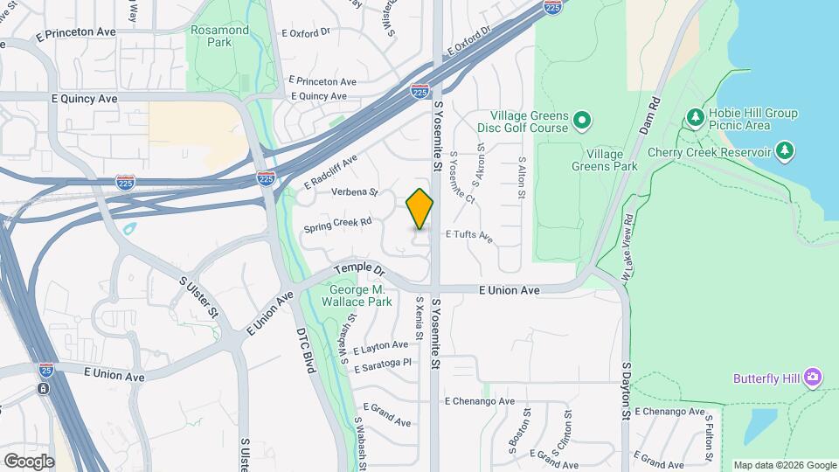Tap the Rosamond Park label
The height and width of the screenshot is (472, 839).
[219, 36]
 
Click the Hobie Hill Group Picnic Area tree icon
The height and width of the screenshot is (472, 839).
[696, 116]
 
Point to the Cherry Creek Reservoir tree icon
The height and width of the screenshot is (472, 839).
[785, 151]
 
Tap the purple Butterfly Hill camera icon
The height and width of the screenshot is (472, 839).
[813, 377]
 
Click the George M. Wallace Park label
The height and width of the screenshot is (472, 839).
[361, 295]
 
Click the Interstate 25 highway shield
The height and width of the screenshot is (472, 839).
[45, 371]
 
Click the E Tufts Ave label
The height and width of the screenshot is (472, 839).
[469, 235]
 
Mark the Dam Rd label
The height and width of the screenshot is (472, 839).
[648, 114]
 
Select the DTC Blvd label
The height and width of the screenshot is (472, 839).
[304, 351]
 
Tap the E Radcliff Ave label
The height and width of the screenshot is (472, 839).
[331, 173]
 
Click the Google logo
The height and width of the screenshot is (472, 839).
[29, 461]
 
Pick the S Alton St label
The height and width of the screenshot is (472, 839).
[521, 178]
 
